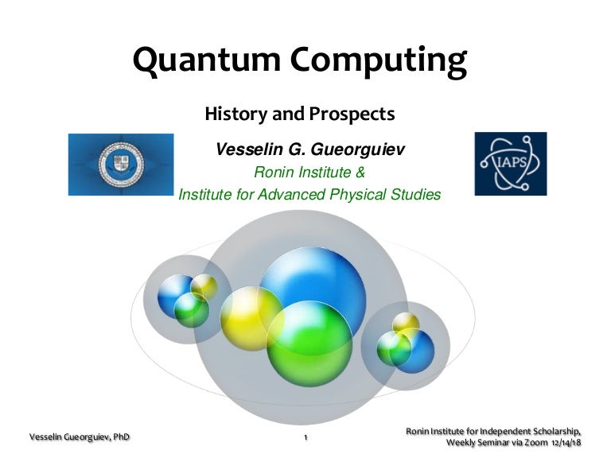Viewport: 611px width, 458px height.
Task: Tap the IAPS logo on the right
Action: (x=510, y=164)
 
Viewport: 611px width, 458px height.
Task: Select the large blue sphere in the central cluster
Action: (x=312, y=284)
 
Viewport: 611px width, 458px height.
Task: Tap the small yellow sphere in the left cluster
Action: (x=204, y=286)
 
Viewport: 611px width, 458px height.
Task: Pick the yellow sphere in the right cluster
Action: (x=406, y=323)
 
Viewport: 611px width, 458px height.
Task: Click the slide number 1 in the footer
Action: (x=305, y=438)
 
